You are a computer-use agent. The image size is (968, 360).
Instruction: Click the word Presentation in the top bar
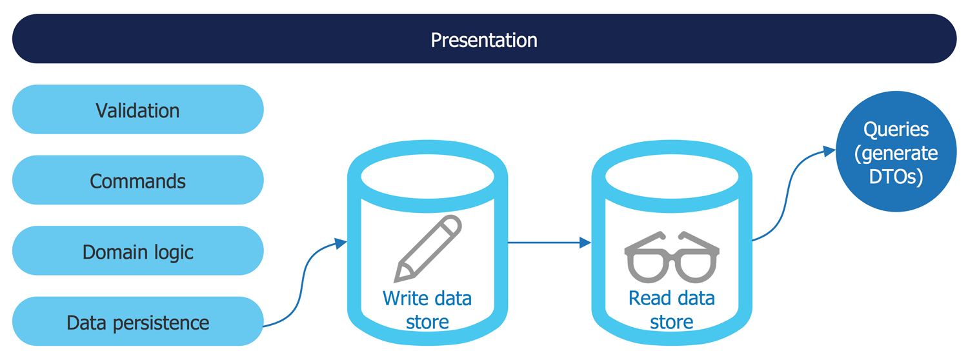[484, 40]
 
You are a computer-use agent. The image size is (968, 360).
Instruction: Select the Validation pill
[138, 109]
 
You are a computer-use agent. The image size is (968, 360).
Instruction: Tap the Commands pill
[138, 180]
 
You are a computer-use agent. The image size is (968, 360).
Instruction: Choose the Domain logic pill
[138, 251]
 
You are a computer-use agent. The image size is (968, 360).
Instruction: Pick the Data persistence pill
[138, 321]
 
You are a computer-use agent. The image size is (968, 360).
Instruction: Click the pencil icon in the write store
[428, 248]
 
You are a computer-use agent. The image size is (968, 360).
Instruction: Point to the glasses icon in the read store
[672, 257]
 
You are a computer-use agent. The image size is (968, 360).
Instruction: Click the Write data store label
[427, 310]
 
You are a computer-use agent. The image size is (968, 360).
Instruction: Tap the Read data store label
[672, 310]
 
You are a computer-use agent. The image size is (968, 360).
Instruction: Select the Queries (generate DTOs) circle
[896, 151]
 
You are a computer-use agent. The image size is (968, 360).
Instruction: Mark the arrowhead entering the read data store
[585, 243]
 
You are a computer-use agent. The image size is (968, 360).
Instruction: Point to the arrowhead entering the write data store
[341, 243]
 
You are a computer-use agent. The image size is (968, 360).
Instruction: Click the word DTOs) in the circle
[896, 177]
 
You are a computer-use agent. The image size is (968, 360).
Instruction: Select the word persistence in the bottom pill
[161, 323]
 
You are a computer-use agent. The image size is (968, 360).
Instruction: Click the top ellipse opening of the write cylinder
[427, 176]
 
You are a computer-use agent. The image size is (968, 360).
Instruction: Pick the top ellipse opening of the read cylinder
[672, 176]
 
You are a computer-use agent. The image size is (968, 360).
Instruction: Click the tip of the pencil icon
[396, 281]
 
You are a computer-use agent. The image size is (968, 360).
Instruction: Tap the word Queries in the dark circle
[896, 130]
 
